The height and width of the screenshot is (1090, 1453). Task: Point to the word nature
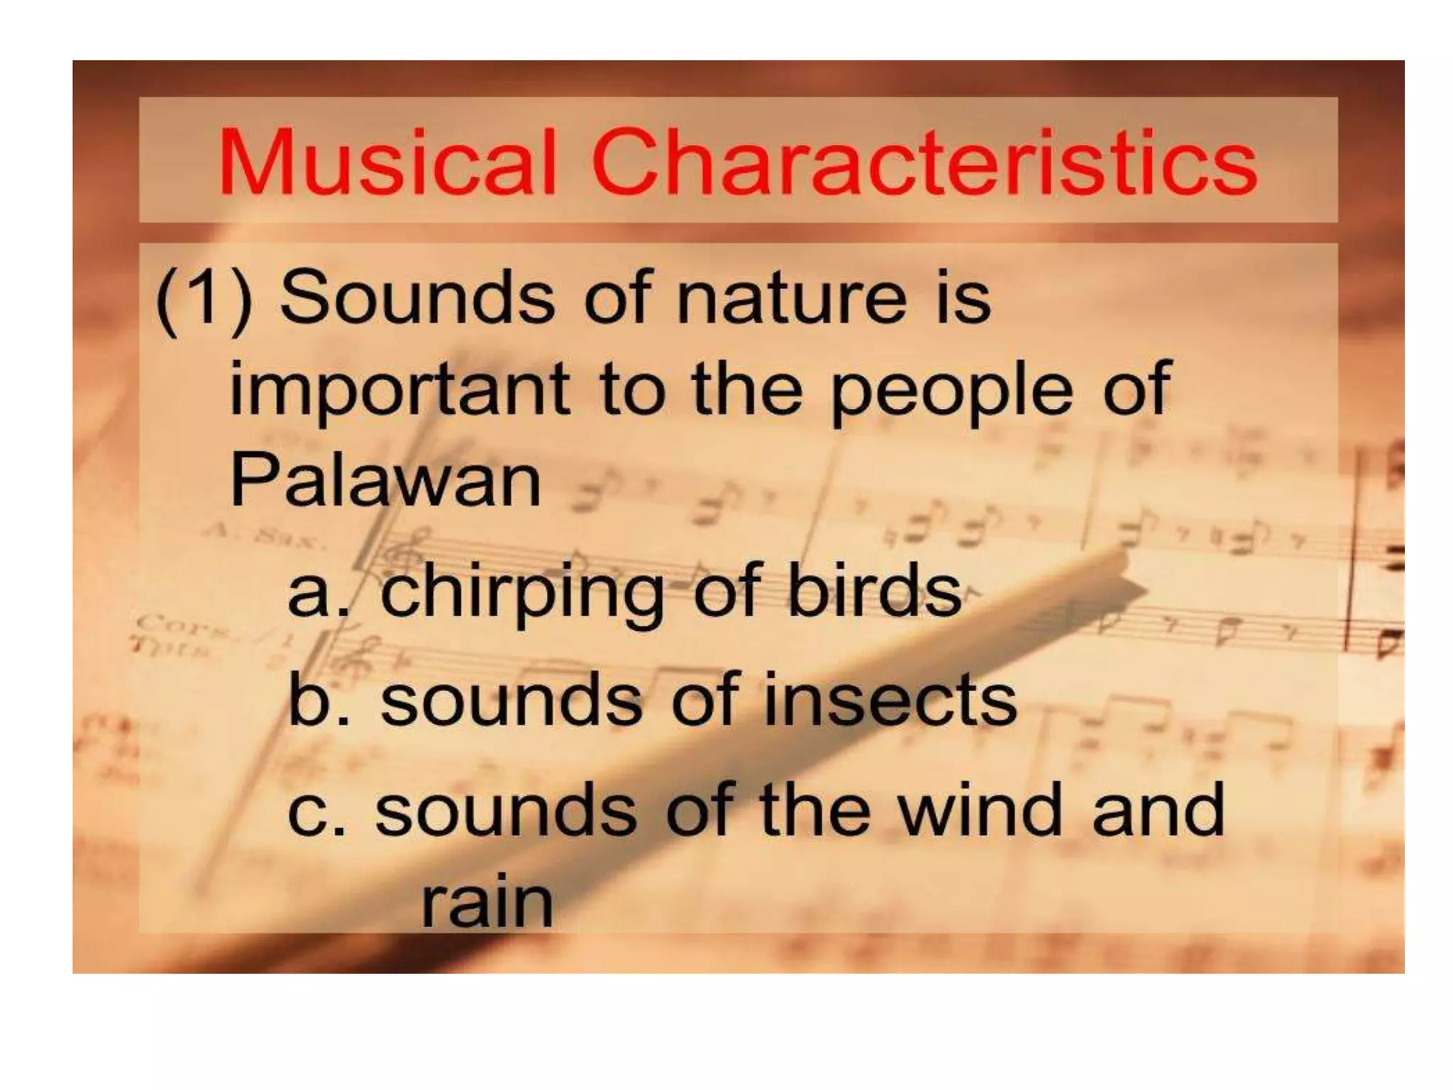(x=792, y=298)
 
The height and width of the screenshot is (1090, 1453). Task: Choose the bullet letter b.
(x=311, y=700)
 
